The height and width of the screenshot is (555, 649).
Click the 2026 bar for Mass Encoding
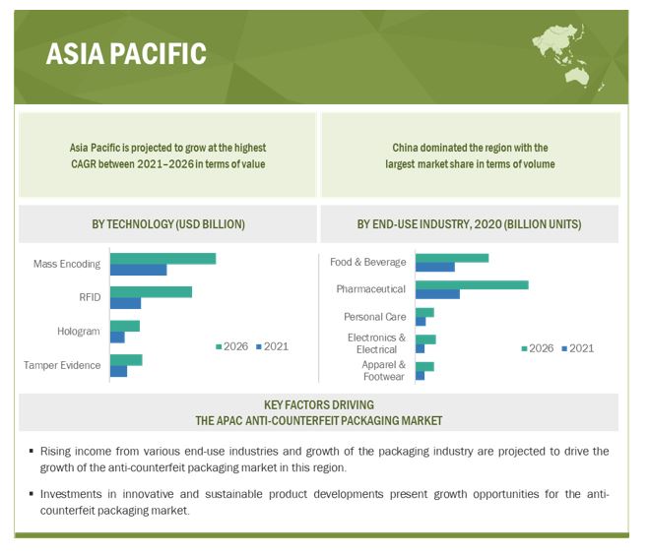[163, 259]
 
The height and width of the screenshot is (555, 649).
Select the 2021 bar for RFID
[126, 303]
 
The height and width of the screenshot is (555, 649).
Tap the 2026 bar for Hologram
[125, 326]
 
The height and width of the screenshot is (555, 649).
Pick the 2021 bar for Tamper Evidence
[119, 371]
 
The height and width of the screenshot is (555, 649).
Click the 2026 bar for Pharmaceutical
[473, 285]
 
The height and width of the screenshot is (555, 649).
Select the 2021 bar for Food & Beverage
[435, 267]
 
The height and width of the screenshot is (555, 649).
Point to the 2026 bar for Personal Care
[425, 312]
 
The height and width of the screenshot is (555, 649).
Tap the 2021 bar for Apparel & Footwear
[421, 376]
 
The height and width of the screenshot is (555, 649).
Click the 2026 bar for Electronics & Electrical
[425, 339]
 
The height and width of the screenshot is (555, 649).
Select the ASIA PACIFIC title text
[126, 54]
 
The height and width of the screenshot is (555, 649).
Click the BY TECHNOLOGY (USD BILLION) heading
[168, 224]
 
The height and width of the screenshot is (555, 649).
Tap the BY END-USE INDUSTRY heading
[470, 224]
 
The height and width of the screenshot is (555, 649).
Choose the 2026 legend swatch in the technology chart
[219, 346]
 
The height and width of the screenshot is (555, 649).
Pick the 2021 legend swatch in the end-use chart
[564, 348]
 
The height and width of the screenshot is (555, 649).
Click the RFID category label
[90, 297]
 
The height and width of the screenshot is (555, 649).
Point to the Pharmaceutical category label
[371, 288]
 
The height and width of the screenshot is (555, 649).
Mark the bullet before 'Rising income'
[32, 451]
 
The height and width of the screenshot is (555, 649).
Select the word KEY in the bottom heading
[274, 404]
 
